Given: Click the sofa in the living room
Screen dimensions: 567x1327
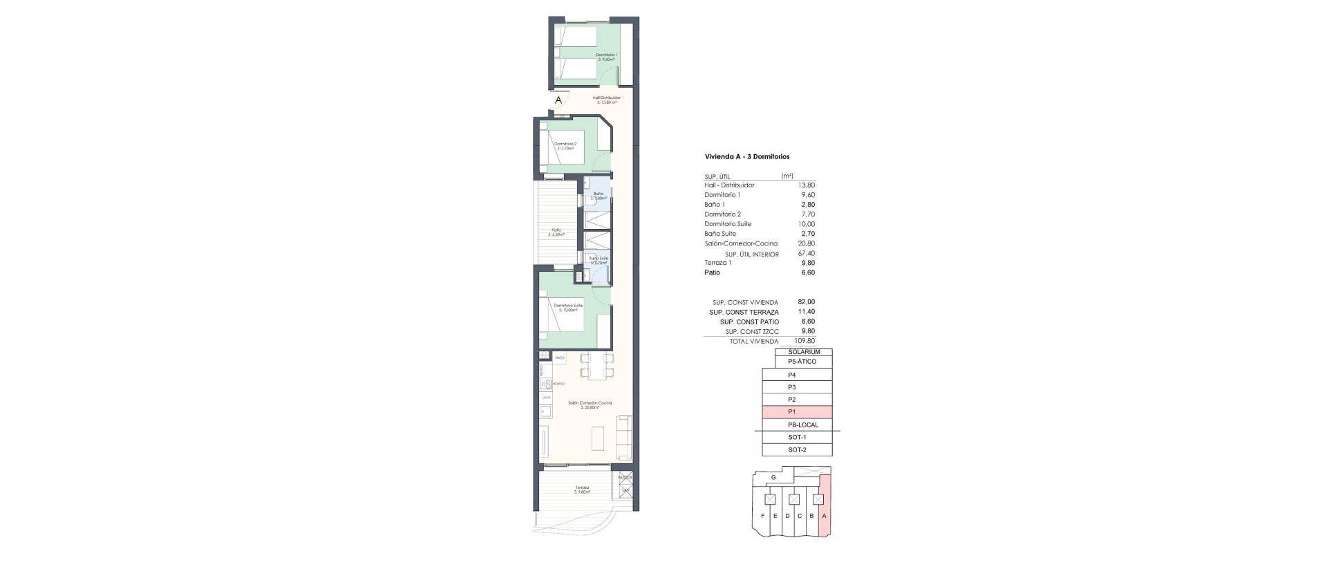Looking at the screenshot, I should coord(140,438).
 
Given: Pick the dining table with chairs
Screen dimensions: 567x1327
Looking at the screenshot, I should coord(113,366).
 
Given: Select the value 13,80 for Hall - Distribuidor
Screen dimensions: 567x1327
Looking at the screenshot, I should coord(807,185).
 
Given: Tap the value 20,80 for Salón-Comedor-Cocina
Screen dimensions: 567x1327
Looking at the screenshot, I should coord(807,243).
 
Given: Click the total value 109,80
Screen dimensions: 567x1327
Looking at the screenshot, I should coord(805,341).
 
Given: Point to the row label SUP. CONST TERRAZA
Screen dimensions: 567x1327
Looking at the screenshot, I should coord(744,313).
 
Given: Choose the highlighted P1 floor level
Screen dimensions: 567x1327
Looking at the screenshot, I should coord(797,411).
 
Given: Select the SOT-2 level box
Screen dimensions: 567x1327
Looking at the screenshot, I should coord(797,449).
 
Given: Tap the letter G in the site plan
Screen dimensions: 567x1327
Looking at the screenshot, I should coord(773,477).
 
